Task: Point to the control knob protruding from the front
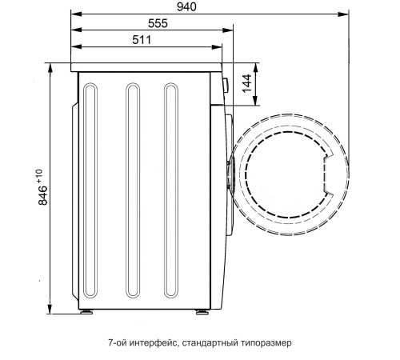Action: (225, 83)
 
